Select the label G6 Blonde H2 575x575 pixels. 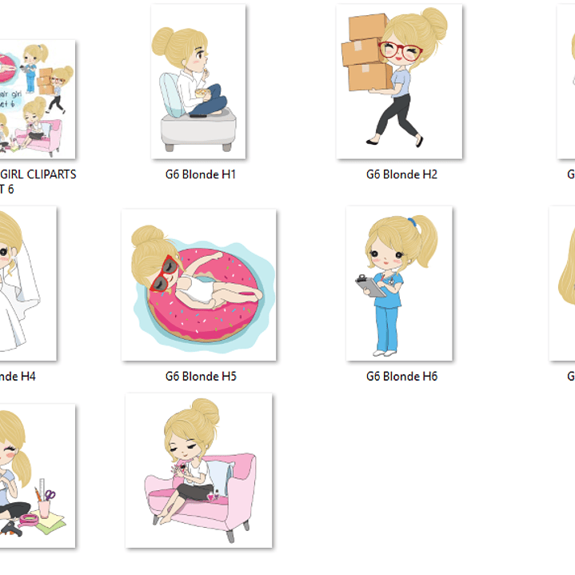tap(401, 174)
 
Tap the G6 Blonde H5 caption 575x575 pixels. tap(200, 376)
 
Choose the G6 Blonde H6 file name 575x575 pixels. tap(401, 376)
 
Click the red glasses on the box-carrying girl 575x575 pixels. tap(401, 53)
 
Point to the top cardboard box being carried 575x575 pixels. tap(367, 26)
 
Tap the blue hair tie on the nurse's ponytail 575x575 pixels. tap(413, 223)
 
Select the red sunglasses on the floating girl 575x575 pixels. tap(171, 271)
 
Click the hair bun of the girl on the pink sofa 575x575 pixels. tap(205, 411)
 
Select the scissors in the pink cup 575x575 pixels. tap(50, 497)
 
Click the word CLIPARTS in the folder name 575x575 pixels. tap(50, 174)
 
